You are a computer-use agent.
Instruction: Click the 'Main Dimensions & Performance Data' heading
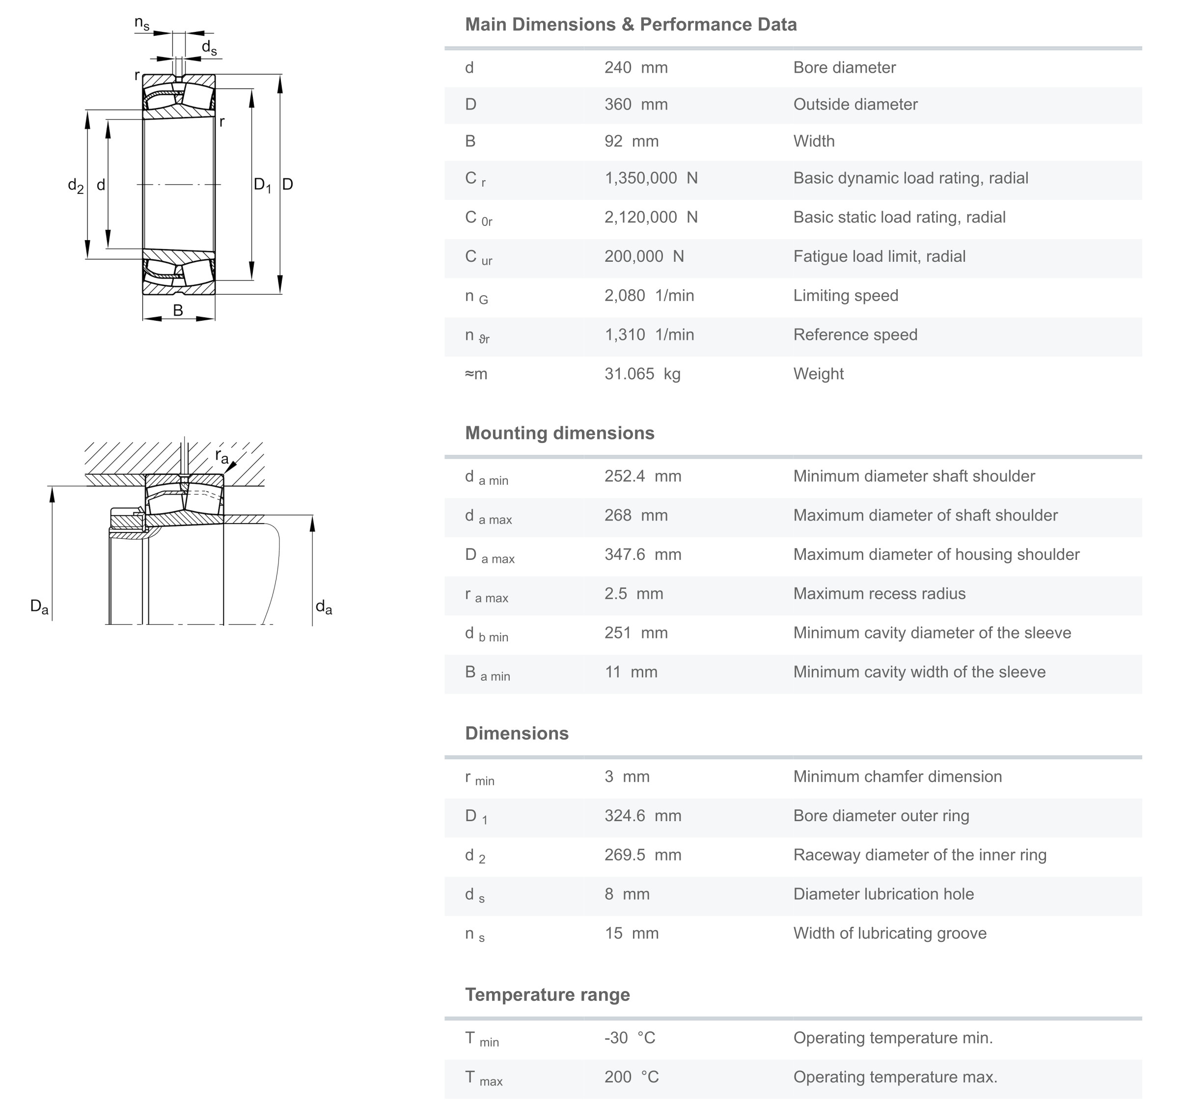pyautogui.click(x=630, y=25)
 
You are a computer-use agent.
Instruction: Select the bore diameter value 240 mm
pyautogui.click(x=635, y=68)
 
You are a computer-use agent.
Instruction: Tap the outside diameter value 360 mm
pyautogui.click(x=635, y=105)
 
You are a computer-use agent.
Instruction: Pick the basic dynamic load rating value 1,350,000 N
pyautogui.click(x=650, y=178)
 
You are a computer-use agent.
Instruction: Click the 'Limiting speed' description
pyautogui.click(x=845, y=296)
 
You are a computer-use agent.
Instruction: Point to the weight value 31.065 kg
pyautogui.click(x=642, y=374)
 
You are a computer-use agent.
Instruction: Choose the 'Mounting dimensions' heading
pyautogui.click(x=559, y=433)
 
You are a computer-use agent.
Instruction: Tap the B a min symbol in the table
pyautogui.click(x=487, y=673)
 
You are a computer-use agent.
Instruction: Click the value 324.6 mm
pyautogui.click(x=642, y=816)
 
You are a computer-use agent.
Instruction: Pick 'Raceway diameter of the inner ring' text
pyautogui.click(x=919, y=856)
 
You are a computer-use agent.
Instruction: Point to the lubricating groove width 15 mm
pyautogui.click(x=632, y=934)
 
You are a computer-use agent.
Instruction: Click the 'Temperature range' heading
pyautogui.click(x=547, y=995)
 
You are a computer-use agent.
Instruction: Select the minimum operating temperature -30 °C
pyautogui.click(x=630, y=1038)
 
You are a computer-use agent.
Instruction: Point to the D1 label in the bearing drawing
pyautogui.click(x=262, y=185)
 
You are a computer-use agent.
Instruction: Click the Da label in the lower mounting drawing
pyautogui.click(x=39, y=607)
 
